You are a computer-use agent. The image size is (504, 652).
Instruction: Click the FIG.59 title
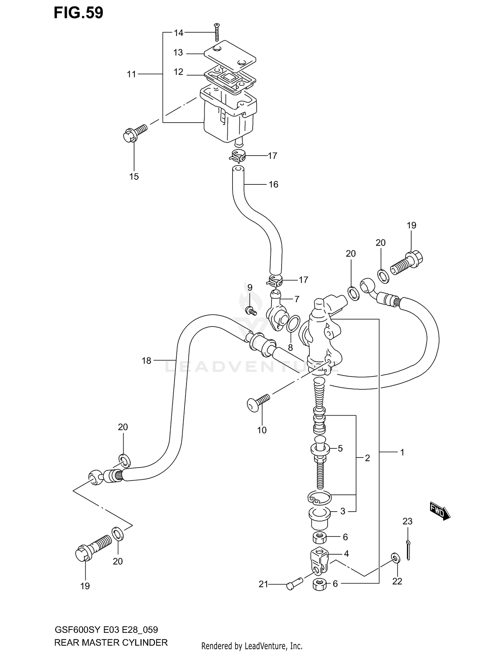point(78,13)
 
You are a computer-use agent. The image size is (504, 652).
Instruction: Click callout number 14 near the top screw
point(178,33)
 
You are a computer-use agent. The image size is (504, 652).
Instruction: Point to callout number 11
point(131,74)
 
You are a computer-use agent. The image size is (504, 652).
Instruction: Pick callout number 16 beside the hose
point(273,184)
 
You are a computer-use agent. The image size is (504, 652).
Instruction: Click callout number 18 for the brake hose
point(146,361)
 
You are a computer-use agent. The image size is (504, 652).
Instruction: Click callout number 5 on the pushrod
point(340,448)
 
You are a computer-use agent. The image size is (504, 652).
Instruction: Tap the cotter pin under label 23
point(408,550)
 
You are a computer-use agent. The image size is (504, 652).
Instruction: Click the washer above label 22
point(395,558)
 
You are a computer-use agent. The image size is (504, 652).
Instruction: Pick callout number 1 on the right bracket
point(402,452)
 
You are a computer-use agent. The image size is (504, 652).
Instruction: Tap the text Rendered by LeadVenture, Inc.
point(252,646)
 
